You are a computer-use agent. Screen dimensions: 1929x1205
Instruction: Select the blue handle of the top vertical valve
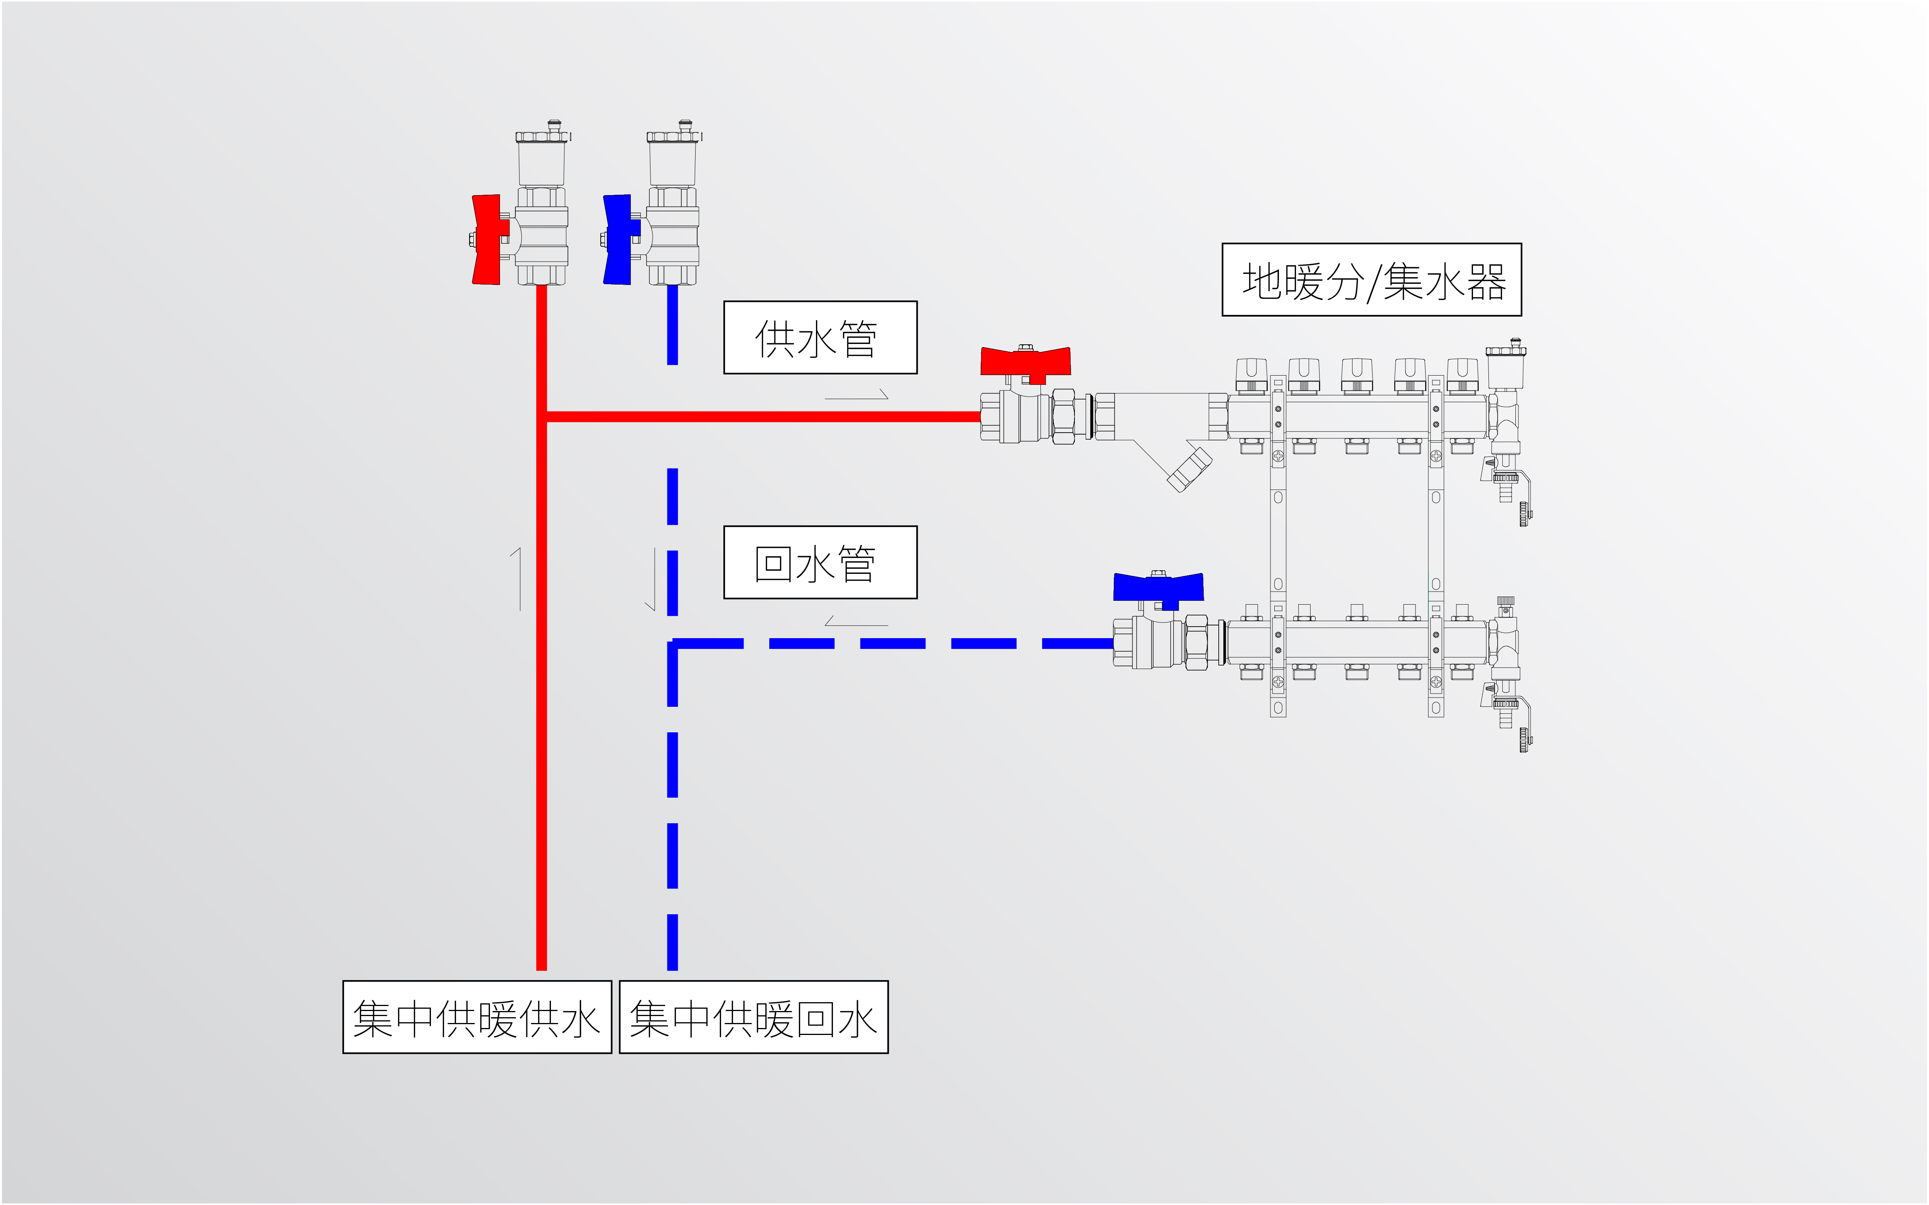coord(619,239)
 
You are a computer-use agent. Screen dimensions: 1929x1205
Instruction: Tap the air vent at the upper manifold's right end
coord(1505,368)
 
